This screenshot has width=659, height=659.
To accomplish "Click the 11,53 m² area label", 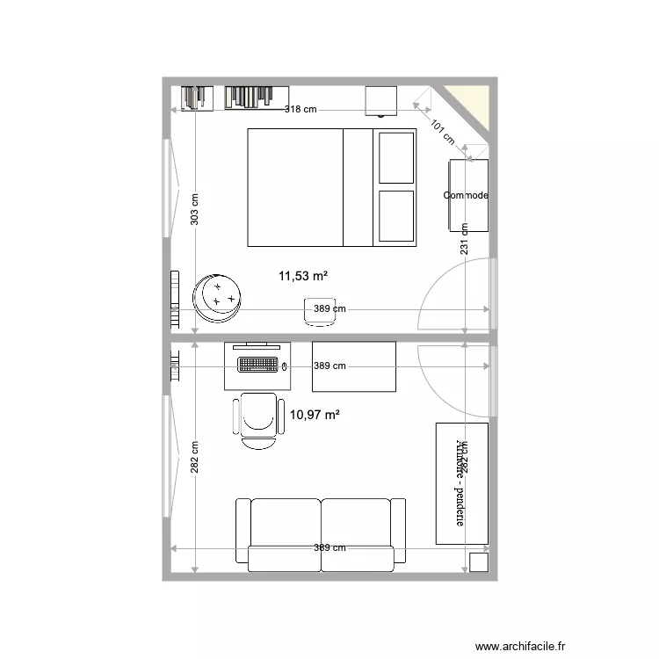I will tap(303, 276).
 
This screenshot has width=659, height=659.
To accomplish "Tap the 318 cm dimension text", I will tap(301, 110).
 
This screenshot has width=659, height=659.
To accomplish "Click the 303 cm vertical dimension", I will tap(195, 210).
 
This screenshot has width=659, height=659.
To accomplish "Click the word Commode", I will tap(467, 195).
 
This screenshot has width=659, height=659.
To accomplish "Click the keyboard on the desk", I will tap(258, 363).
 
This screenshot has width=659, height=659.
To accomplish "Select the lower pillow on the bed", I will tap(395, 214).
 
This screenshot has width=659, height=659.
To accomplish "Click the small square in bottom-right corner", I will tap(479, 563).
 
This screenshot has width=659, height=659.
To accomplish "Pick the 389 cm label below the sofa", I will tap(329, 548).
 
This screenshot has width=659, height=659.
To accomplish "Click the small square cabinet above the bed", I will tap(381, 101).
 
